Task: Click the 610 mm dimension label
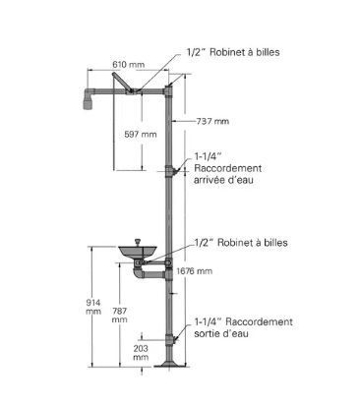pos(128,64)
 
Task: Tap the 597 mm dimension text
pos(141,134)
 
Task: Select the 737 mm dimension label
pos(212,121)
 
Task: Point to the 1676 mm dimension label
pos(194,271)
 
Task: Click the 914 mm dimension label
pos(93,307)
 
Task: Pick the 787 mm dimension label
pos(119,315)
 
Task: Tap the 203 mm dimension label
pos(141,353)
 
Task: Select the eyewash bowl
pos(138,252)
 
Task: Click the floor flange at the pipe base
pos(169,365)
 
